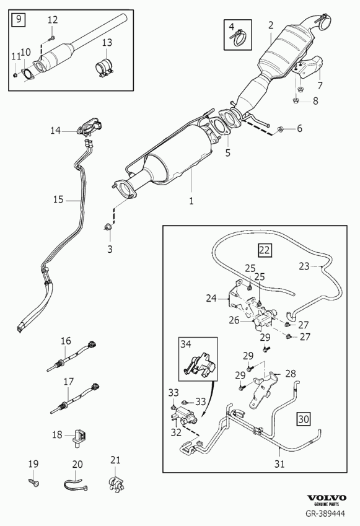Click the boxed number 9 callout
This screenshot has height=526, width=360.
(x=19, y=19)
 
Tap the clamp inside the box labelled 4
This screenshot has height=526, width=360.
(x=240, y=38)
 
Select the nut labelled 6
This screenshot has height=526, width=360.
(x=280, y=129)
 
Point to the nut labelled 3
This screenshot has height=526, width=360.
(x=108, y=228)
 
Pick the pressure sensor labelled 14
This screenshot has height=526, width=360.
(x=90, y=128)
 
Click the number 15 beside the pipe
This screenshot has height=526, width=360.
(x=58, y=199)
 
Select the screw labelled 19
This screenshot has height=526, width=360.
(x=34, y=483)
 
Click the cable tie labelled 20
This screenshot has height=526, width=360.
(x=76, y=484)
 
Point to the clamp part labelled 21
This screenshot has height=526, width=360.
(x=116, y=483)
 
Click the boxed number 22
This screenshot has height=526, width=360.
(x=265, y=250)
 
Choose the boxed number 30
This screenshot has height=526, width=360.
(x=303, y=419)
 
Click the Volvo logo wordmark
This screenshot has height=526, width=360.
(x=327, y=498)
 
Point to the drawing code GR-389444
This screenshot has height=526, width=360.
(x=325, y=513)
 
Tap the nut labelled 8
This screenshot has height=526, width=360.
(x=296, y=100)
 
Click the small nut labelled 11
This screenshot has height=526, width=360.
(x=15, y=74)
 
